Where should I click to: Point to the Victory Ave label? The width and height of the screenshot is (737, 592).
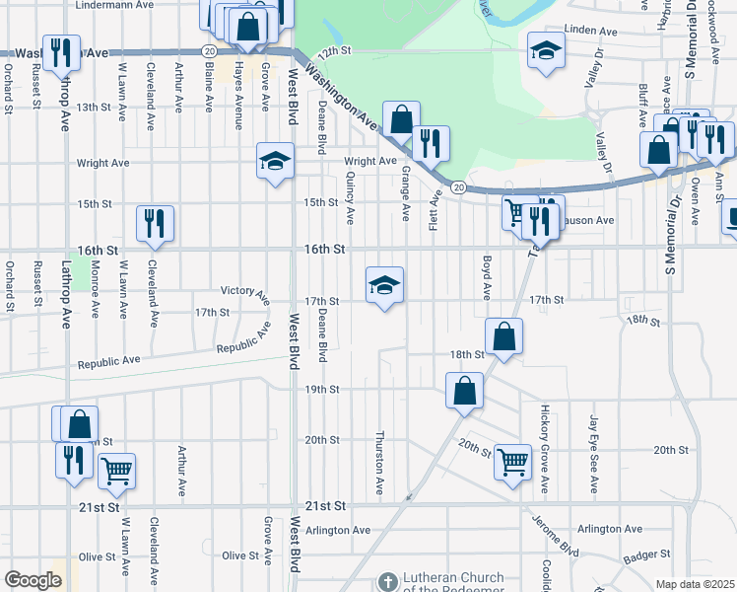click(244, 293)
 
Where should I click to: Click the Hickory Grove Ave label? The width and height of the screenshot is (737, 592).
click(544, 448)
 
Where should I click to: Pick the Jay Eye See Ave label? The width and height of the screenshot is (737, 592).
click(594, 454)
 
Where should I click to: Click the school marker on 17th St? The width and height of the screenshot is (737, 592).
click(385, 286)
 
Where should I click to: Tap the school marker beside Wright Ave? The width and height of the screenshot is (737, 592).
click(275, 162)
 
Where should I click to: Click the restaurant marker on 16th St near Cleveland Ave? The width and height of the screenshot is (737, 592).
click(155, 224)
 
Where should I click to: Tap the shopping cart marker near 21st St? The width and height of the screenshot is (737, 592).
click(116, 472)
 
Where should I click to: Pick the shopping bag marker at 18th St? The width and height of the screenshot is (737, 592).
click(503, 336)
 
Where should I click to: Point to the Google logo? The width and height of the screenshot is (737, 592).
click(32, 580)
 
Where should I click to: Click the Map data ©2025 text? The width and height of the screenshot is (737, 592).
click(696, 584)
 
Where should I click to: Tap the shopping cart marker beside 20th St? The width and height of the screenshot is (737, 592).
click(513, 461)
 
